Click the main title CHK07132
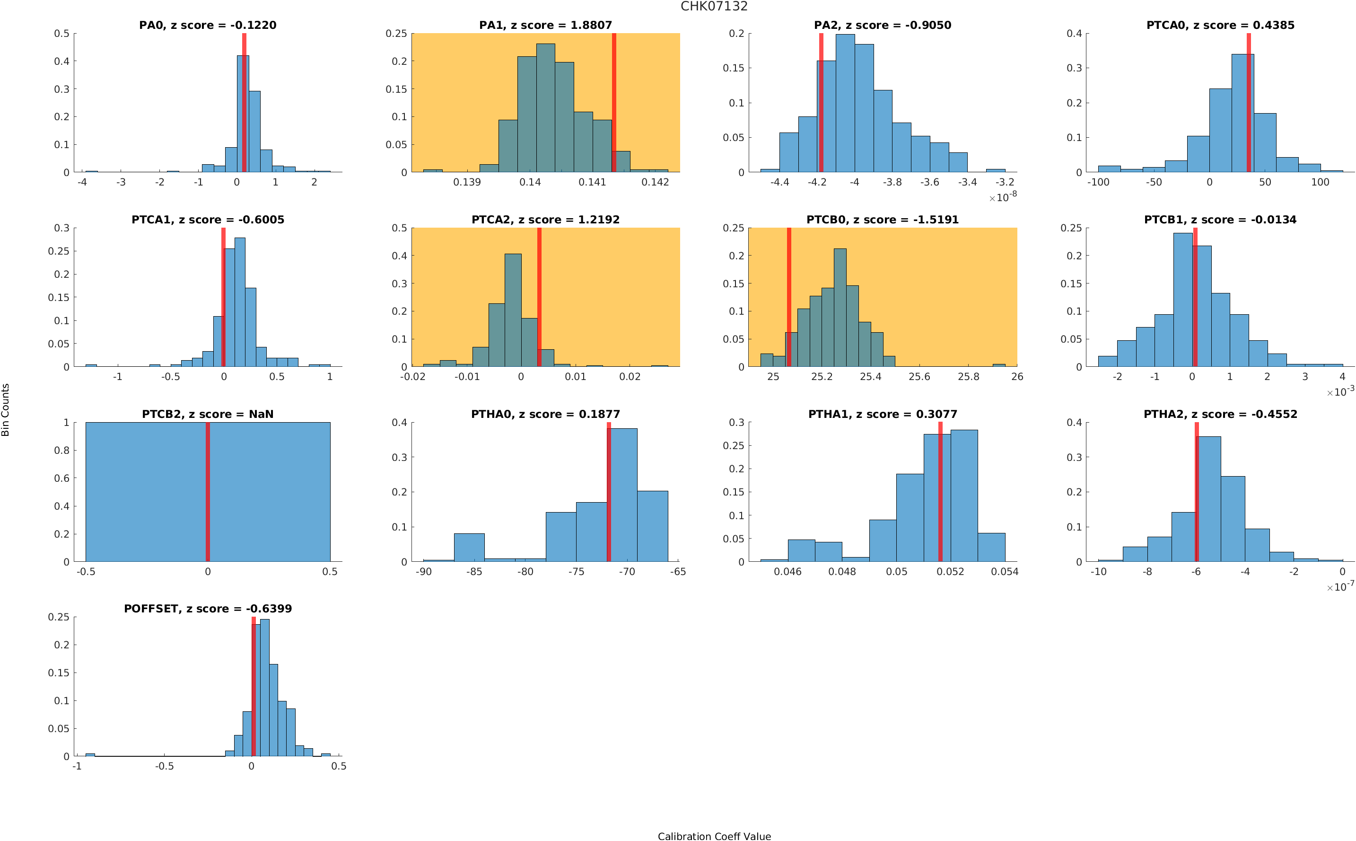pyautogui.click(x=714, y=7)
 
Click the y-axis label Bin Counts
pyautogui.click(x=6, y=409)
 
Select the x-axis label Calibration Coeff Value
pyautogui.click(x=714, y=835)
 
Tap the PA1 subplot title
pyautogui.click(x=545, y=25)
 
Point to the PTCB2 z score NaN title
pyautogui.click(x=207, y=414)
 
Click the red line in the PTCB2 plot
pyautogui.click(x=207, y=492)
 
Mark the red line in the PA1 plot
pyautogui.click(x=613, y=102)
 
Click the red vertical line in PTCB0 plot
pyautogui.click(x=788, y=297)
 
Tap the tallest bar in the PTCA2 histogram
pyautogui.click(x=513, y=310)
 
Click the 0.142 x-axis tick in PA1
pyautogui.click(x=655, y=182)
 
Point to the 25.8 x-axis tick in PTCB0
pyautogui.click(x=968, y=377)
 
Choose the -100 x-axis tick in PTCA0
pyautogui.click(x=1098, y=182)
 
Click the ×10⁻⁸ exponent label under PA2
pyautogui.click(x=1003, y=197)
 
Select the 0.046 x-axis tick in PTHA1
pyautogui.click(x=787, y=572)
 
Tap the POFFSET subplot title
pyautogui.click(x=207, y=609)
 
